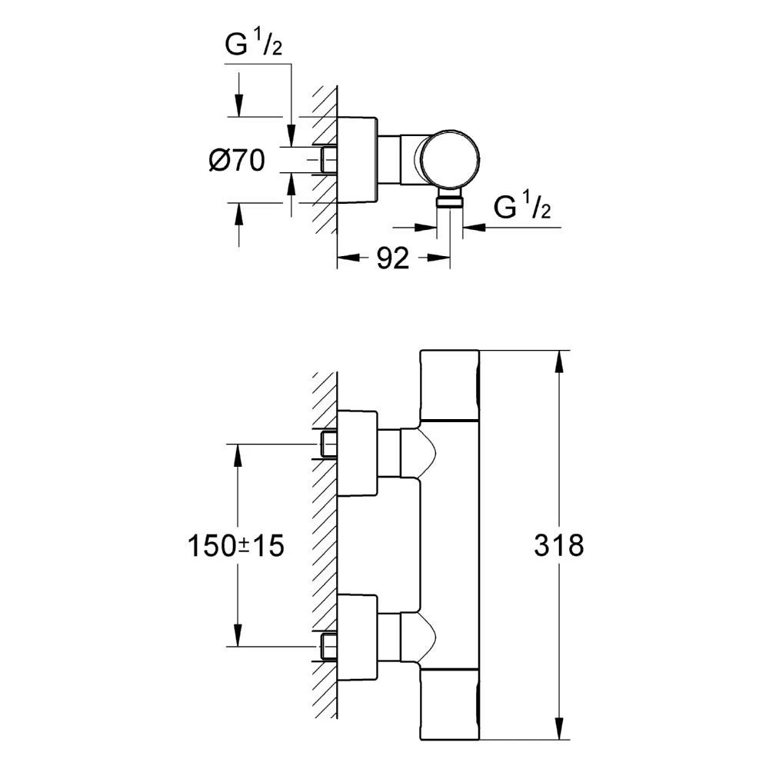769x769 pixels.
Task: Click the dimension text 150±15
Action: (236, 545)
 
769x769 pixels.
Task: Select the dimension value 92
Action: (392, 259)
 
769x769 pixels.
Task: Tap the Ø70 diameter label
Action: (236, 161)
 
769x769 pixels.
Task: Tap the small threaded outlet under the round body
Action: (449, 201)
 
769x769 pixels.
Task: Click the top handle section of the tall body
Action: (451, 385)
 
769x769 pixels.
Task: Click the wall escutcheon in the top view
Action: (358, 161)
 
